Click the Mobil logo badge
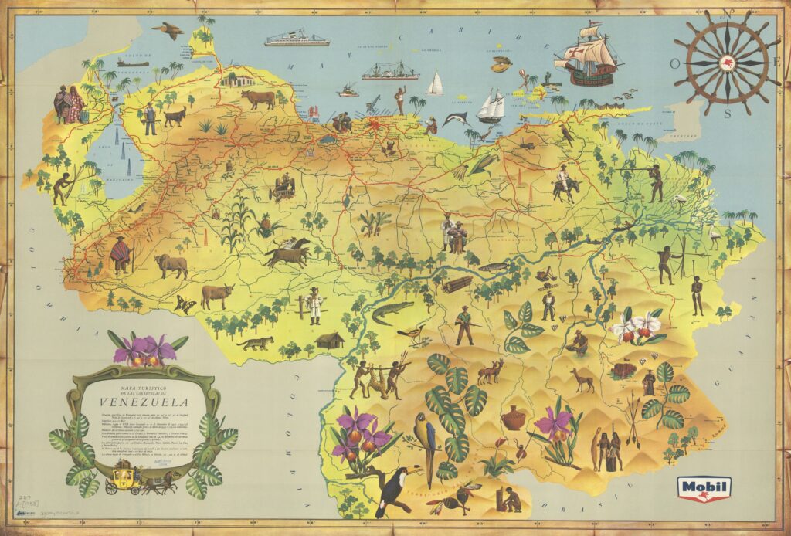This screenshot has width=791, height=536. (704, 487)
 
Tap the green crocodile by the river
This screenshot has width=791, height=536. (392, 312)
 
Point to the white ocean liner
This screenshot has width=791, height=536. (297, 39)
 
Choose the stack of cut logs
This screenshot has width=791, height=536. (457, 283)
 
